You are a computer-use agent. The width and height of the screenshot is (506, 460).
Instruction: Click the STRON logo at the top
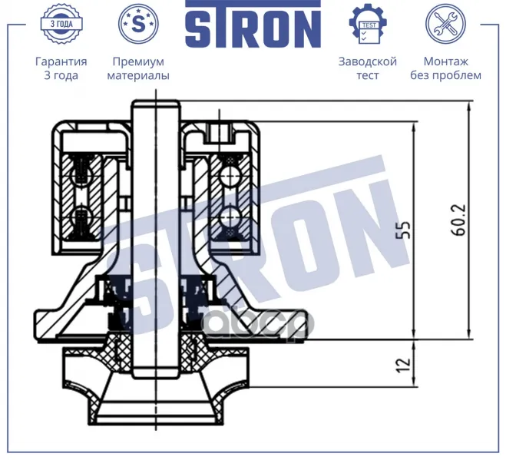253,24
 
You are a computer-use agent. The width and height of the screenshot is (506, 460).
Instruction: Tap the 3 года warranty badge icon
61,24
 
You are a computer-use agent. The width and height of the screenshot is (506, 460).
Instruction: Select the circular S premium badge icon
138,24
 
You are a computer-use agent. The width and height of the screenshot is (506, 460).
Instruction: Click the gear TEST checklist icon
368,24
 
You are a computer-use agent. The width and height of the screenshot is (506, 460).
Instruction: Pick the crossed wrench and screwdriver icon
445,24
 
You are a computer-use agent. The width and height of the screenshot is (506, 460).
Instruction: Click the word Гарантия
61,61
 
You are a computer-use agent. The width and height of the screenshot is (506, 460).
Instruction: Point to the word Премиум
138,61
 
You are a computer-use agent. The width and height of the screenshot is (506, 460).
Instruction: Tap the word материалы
138,75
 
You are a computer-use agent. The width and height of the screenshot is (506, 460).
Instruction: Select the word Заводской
368,61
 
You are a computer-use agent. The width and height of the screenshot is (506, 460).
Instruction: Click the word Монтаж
445,61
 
